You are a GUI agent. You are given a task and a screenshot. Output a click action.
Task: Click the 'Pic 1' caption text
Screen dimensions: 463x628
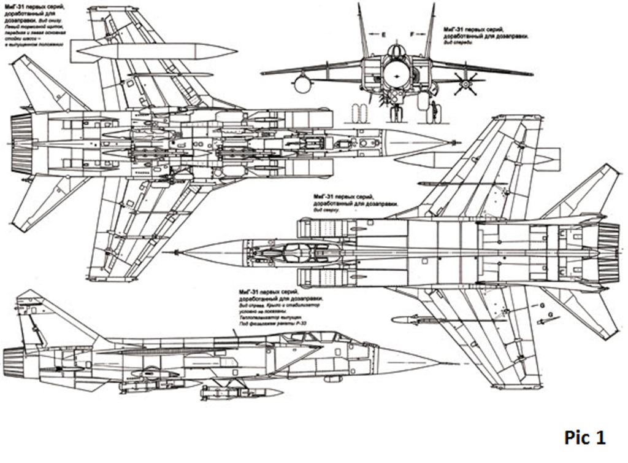(584, 438)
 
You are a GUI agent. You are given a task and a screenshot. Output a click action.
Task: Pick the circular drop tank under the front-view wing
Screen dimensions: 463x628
(302, 84)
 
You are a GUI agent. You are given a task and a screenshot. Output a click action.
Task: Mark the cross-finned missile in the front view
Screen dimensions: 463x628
(465, 83)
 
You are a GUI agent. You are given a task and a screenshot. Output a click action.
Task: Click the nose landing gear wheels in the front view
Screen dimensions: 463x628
(397, 114)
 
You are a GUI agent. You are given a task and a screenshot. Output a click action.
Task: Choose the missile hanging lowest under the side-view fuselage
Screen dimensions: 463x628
(239, 392)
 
